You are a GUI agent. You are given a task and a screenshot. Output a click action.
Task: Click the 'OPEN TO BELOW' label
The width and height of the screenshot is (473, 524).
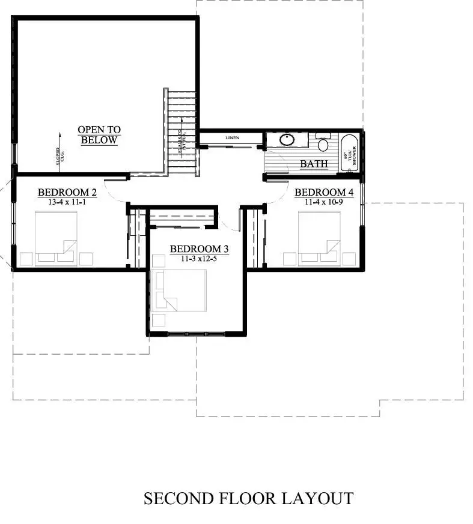tap(99, 135)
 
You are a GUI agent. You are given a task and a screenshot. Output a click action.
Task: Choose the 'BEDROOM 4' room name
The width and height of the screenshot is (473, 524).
tap(323, 193)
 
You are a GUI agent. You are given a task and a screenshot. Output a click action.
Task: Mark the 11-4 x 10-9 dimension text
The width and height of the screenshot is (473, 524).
tap(323, 202)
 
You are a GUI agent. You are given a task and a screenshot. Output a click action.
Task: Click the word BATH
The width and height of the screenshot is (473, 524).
tap(314, 163)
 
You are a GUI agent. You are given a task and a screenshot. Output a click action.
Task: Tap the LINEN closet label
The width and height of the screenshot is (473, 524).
tap(232, 138)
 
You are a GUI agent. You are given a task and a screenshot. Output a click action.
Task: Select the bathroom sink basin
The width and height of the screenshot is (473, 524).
tap(287, 141)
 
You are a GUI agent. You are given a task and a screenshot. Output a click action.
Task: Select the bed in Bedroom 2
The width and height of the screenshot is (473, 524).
tap(56, 238)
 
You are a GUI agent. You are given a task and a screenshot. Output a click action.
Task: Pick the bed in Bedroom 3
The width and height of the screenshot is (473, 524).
tap(180, 290)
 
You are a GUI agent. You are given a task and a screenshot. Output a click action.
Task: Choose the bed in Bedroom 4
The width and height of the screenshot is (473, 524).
tap(319, 238)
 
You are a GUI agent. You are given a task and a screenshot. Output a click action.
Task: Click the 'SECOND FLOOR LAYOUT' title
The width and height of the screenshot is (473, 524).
tap(248, 498)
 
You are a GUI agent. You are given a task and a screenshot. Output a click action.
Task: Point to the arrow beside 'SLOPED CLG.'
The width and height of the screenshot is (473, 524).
tap(61, 138)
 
